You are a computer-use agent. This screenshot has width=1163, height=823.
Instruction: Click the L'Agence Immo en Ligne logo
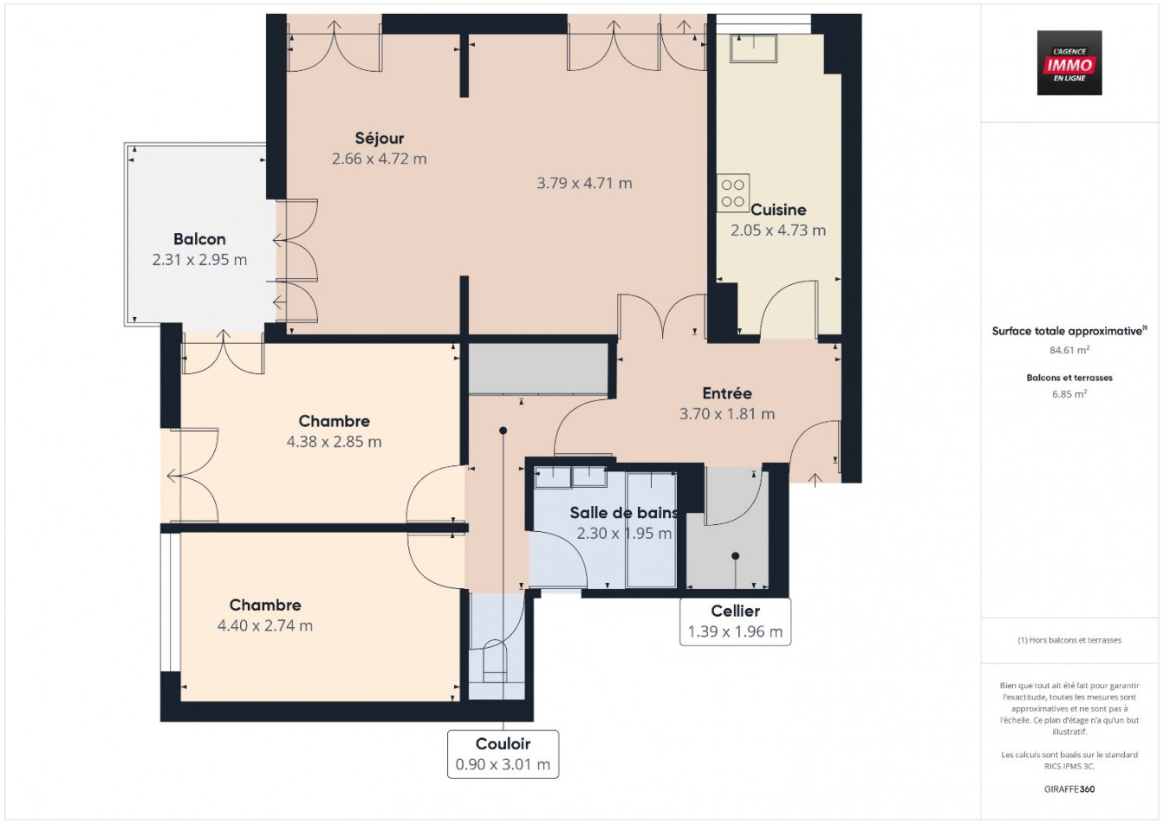1069,63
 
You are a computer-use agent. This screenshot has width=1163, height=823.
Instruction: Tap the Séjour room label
380,139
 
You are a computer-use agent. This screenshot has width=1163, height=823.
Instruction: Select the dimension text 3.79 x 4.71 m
584,184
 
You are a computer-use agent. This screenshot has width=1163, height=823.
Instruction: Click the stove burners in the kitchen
732,193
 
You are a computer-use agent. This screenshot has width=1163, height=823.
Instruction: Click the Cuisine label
778,210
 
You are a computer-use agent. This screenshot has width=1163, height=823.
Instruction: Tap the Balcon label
199,239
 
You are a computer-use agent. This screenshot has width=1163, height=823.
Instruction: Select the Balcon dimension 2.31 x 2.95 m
199,260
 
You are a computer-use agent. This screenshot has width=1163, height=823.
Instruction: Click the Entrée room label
727,393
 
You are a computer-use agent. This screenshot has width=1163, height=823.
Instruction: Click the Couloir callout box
503,754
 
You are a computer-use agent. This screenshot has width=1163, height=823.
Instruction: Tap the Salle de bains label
623,513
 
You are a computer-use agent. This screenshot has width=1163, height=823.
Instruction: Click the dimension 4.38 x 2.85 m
334,442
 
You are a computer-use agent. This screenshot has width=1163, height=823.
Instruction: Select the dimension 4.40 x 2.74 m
265,625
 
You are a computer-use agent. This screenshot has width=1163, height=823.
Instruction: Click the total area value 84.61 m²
1069,351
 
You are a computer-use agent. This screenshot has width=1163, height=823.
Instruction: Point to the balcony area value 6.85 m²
1069,394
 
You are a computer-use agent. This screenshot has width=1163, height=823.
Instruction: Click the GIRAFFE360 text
1069,789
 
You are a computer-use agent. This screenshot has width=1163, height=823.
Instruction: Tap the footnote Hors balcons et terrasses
1069,640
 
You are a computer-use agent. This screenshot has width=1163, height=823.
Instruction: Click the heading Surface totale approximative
1069,331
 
